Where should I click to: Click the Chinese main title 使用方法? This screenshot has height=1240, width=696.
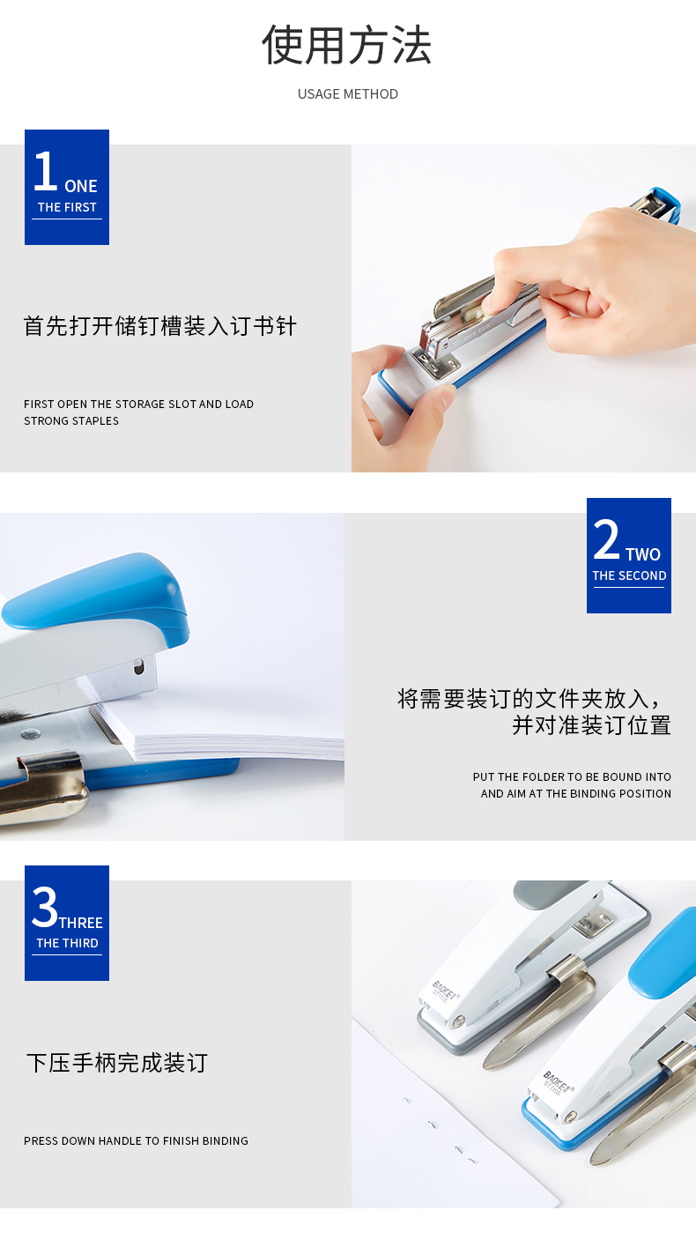click(347, 46)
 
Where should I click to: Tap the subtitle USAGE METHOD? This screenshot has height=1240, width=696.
click(348, 94)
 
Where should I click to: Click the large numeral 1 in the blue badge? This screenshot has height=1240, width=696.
click(45, 171)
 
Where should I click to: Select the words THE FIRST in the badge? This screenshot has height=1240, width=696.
click(67, 207)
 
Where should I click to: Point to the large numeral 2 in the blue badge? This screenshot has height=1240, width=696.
click(606, 538)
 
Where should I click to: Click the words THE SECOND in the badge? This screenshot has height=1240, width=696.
click(629, 575)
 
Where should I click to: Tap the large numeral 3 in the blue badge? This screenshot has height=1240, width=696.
click(45, 907)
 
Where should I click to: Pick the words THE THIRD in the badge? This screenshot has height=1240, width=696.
click(67, 943)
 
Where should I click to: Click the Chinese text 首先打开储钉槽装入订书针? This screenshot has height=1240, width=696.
click(159, 326)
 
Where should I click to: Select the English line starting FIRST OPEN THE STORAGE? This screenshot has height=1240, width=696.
click(138, 405)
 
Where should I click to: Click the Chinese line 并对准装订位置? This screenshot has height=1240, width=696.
click(591, 725)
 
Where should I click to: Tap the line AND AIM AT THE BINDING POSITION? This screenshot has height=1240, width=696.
click(576, 794)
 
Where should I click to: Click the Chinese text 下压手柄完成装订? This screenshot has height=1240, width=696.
click(117, 1063)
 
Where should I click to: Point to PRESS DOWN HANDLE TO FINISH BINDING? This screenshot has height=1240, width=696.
click(136, 1141)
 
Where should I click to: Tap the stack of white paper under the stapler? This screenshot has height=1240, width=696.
click(221, 730)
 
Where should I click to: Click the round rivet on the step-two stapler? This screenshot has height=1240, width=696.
click(30, 734)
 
